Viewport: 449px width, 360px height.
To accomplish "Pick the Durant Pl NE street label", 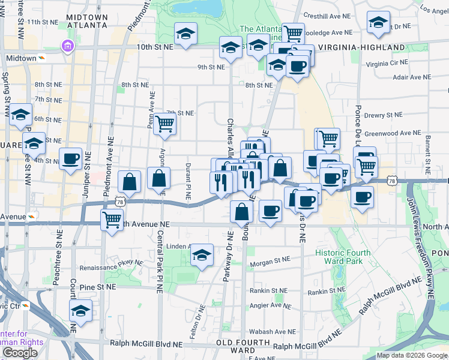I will [188, 183].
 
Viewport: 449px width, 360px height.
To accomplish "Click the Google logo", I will [20, 353].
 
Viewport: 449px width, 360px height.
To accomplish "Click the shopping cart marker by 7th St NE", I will [164, 124].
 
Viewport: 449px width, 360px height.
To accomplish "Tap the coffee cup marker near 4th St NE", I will [71, 159].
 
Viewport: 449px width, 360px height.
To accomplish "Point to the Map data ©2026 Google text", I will [411, 355].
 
